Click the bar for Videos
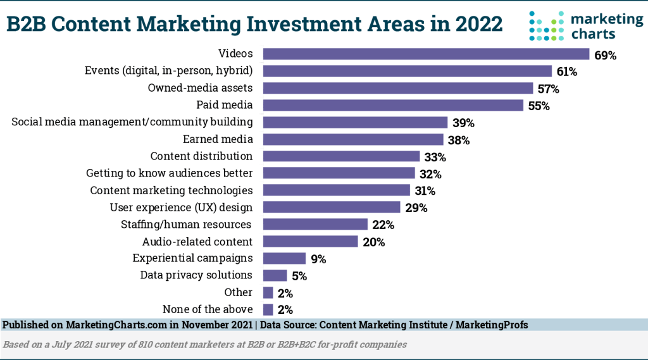tap(426, 54)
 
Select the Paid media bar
tap(393, 106)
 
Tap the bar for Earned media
tap(353, 140)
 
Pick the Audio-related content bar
tap(310, 242)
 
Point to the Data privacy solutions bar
tap(275, 275)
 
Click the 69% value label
tap(605, 55)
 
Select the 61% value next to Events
tap(566, 72)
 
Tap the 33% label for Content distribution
tap(435, 157)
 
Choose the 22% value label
tap(383, 225)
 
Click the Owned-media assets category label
tap(200, 88)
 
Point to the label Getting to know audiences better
tap(170, 173)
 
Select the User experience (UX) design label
tap(181, 207)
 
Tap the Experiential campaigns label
tap(192, 258)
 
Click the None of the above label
tap(208, 309)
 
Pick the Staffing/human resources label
tap(186, 224)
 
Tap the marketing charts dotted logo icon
tap(546, 26)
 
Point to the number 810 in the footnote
tap(135, 345)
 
